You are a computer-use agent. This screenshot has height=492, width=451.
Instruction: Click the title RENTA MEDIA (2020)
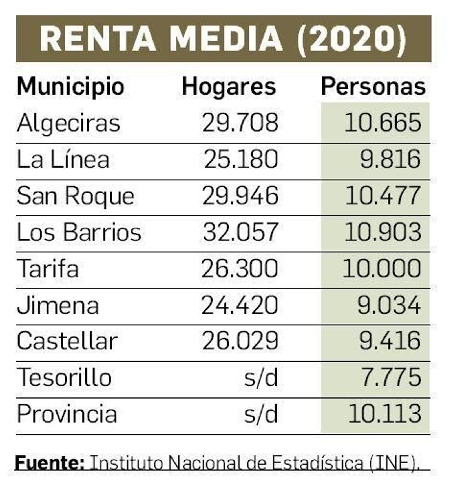click(223, 39)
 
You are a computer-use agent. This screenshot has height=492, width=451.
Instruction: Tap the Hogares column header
click(229, 87)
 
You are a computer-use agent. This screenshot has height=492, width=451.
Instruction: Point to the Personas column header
click(373, 87)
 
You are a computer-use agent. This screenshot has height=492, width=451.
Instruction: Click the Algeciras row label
click(68, 123)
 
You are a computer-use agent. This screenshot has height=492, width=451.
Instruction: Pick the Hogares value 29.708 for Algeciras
click(240, 123)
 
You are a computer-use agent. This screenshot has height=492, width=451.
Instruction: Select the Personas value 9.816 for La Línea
click(390, 159)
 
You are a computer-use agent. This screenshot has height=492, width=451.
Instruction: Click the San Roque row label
click(76, 196)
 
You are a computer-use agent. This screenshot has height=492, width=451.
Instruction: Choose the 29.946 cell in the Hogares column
click(240, 196)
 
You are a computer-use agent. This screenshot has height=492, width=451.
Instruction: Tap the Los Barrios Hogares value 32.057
click(240, 232)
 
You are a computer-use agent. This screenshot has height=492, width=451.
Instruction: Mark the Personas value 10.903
click(383, 232)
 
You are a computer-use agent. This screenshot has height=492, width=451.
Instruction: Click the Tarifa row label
click(48, 269)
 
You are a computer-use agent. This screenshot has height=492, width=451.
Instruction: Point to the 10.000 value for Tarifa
click(382, 269)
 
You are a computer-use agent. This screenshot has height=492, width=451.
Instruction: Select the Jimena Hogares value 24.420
click(240, 305)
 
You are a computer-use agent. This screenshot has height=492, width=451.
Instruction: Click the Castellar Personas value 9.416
click(390, 341)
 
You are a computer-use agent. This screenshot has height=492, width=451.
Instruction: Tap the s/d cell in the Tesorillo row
click(261, 378)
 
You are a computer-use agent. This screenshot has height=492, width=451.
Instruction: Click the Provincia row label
click(67, 414)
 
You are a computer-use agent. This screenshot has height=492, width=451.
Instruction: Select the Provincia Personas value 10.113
click(384, 414)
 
